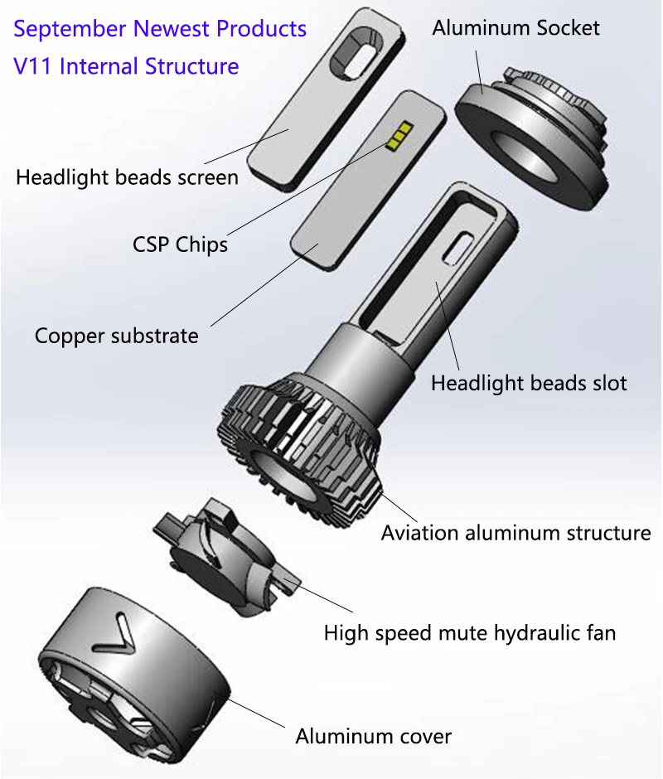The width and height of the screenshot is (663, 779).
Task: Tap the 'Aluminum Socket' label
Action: click(x=515, y=27)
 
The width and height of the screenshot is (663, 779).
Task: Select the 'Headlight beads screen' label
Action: click(x=127, y=177)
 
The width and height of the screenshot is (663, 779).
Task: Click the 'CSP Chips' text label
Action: click(x=180, y=245)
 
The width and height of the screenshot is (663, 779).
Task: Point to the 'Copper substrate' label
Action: click(x=116, y=336)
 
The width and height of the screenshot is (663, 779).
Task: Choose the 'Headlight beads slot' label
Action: click(x=529, y=383)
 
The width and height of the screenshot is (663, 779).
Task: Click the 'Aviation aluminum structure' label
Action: click(x=515, y=533)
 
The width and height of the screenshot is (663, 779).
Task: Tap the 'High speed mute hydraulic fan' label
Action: click(x=469, y=634)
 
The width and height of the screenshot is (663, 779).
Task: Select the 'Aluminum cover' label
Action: click(x=373, y=736)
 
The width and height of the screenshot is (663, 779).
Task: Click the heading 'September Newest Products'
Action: click(x=160, y=29)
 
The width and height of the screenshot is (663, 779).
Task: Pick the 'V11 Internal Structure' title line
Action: click(x=126, y=65)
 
